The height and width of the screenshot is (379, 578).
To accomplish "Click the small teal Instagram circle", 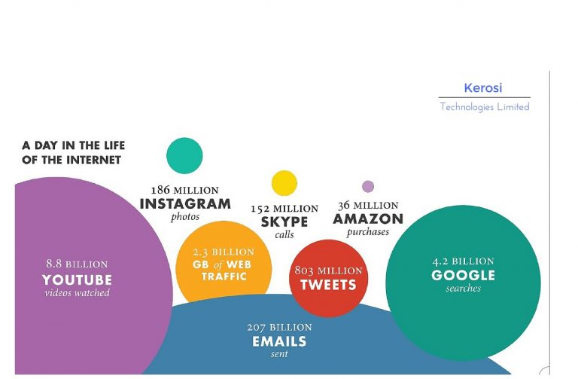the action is click(x=184, y=155).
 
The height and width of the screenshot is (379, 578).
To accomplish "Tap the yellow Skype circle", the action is click(x=284, y=183).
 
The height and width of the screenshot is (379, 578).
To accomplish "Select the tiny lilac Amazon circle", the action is click(x=368, y=186).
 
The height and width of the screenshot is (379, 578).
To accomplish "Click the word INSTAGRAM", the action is click(x=185, y=203).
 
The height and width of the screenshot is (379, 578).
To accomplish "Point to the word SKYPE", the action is click(x=284, y=222).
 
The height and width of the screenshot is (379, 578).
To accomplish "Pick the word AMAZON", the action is click(x=368, y=219).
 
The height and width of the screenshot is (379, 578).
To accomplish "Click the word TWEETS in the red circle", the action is click(x=328, y=285).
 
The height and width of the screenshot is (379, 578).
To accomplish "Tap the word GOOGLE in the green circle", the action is click(x=463, y=275).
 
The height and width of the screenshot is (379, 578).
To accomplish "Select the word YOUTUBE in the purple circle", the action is click(x=77, y=280).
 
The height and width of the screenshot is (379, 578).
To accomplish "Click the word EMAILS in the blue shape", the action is click(x=279, y=341).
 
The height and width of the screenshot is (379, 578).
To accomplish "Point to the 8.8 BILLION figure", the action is click(x=77, y=264).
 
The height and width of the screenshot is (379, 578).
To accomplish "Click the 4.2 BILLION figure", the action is click(x=463, y=261).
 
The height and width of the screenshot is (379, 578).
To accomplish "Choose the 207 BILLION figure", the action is click(x=279, y=327).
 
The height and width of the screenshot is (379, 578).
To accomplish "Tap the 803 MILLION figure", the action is click(x=328, y=270).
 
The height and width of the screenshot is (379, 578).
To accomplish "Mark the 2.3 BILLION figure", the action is click(x=224, y=252).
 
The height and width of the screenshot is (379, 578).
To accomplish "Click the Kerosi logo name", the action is click(x=483, y=88).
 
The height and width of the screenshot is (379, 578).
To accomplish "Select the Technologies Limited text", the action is click(x=485, y=107).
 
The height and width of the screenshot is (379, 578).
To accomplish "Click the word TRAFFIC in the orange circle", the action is click(x=224, y=277).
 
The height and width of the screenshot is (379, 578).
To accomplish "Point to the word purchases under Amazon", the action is click(x=367, y=232).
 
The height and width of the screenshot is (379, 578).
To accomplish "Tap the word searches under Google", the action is click(x=463, y=289).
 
